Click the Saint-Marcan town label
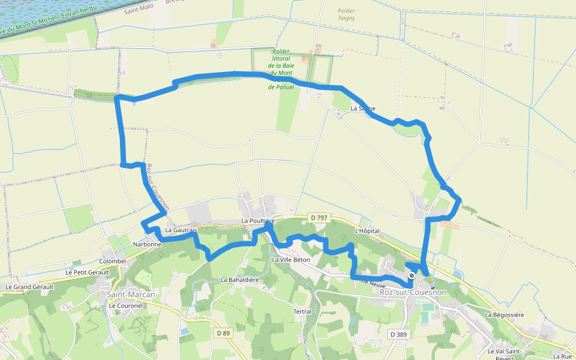click(x=131, y=295)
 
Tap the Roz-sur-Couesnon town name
click(x=413, y=292)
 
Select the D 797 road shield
click(x=319, y=217)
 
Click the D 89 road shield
click(x=223, y=333)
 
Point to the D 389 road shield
click(x=398, y=334)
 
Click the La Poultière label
click(x=258, y=221)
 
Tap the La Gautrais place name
click(x=181, y=230)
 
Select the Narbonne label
click(x=147, y=244)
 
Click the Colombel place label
click(x=113, y=262)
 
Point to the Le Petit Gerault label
click(x=87, y=272)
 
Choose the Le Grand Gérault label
click(x=29, y=287)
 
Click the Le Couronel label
click(x=125, y=305)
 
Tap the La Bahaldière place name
click(x=239, y=280)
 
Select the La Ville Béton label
click(x=291, y=260)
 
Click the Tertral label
click(x=302, y=311)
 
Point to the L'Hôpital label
click(x=367, y=231)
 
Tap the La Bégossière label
click(x=505, y=314)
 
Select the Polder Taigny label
click(x=346, y=14)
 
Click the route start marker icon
click(x=412, y=276)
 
